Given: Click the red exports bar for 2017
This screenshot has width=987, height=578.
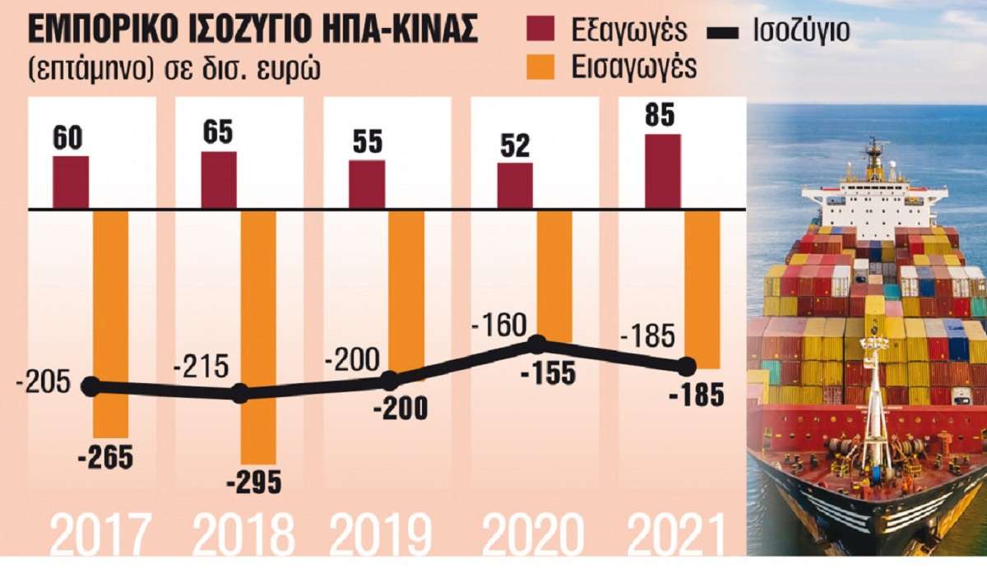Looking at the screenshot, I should pyautogui.click(x=71, y=182).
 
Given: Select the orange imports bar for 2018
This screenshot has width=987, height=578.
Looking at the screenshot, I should pyautogui.click(x=258, y=337).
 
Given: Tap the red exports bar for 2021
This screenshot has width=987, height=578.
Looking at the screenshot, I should pyautogui.click(x=663, y=171).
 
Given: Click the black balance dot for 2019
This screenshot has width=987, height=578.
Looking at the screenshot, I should pyautogui.click(x=391, y=381).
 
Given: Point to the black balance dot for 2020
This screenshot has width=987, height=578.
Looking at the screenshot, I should pyautogui.click(x=537, y=344).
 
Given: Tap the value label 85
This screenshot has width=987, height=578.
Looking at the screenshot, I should pyautogui.click(x=660, y=116).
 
